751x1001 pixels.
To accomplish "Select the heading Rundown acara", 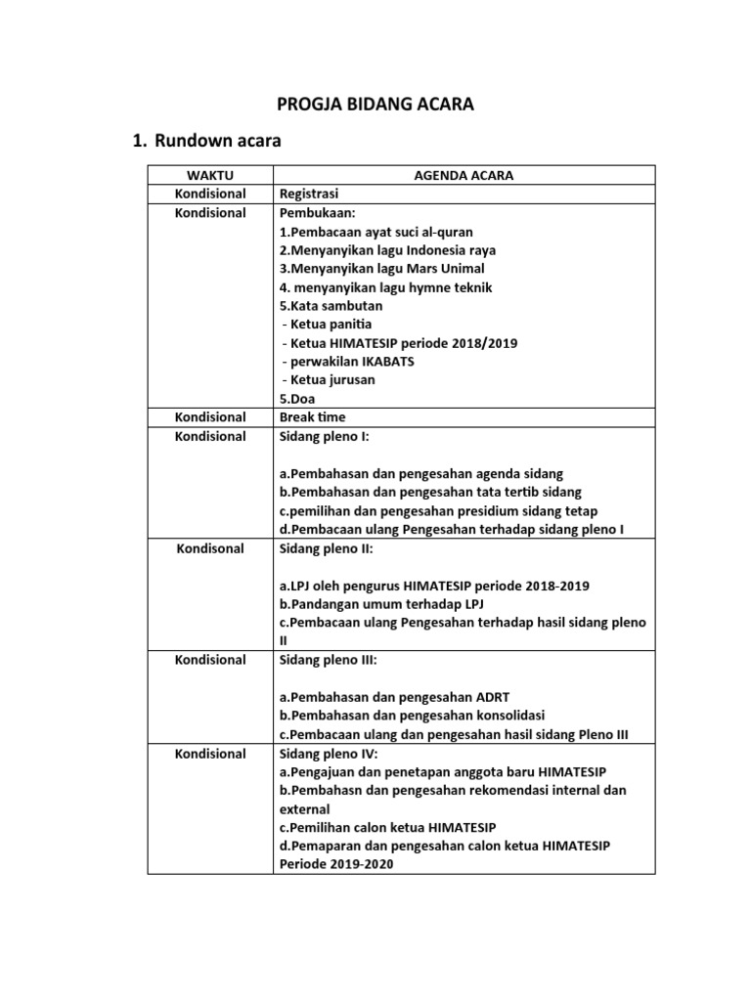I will click(x=217, y=142).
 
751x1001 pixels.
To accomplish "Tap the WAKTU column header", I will click(x=210, y=176).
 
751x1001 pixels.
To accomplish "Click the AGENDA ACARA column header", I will click(x=464, y=176).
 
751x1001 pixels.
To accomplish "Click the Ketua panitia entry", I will click(x=327, y=325).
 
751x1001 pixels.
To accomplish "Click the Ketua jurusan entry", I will click(x=328, y=380).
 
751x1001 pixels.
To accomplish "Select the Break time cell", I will click(x=313, y=417).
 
